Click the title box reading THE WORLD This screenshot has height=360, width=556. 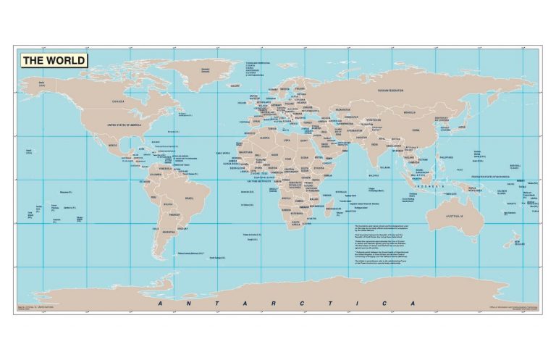pyautogui.click(x=54, y=61)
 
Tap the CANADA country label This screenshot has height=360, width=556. pyautogui.click(x=114, y=102)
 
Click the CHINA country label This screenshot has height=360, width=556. pyautogui.click(x=415, y=130)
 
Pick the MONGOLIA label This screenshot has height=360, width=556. pyautogui.click(x=410, y=113)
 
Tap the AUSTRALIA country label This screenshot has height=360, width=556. pyautogui.click(x=454, y=216)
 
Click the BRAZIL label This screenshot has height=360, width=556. pyautogui.click(x=190, y=198)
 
